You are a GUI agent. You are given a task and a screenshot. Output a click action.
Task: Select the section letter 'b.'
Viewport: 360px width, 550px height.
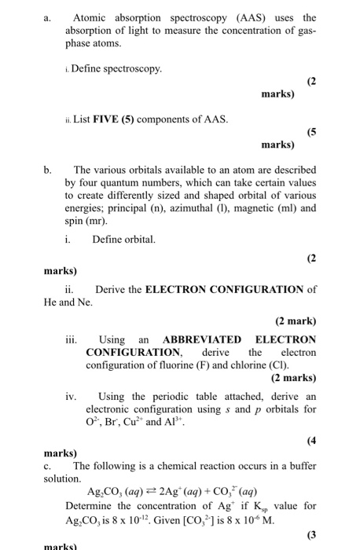pyautogui.click(x=48, y=170)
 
